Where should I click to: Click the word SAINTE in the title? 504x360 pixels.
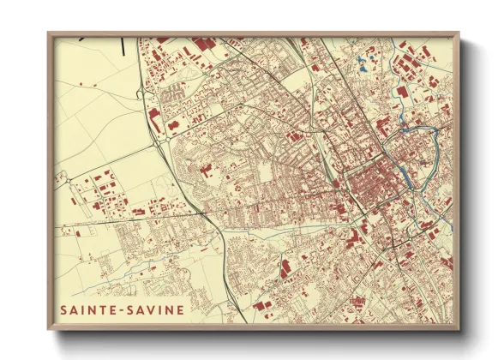(x=88, y=309)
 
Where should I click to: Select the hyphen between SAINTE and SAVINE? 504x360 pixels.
(x=121, y=309)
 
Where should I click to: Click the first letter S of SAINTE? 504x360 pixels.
(x=64, y=309)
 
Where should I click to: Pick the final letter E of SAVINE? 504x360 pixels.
(x=179, y=309)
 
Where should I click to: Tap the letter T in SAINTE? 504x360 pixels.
(x=104, y=309)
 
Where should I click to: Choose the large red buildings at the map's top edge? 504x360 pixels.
(x=204, y=44)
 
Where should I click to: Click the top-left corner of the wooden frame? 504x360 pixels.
(x=49, y=33)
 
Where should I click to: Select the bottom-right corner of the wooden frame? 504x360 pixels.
(x=459, y=330)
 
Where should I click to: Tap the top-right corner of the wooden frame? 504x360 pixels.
(x=459, y=33)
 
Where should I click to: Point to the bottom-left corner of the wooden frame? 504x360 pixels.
(x=49, y=330)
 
